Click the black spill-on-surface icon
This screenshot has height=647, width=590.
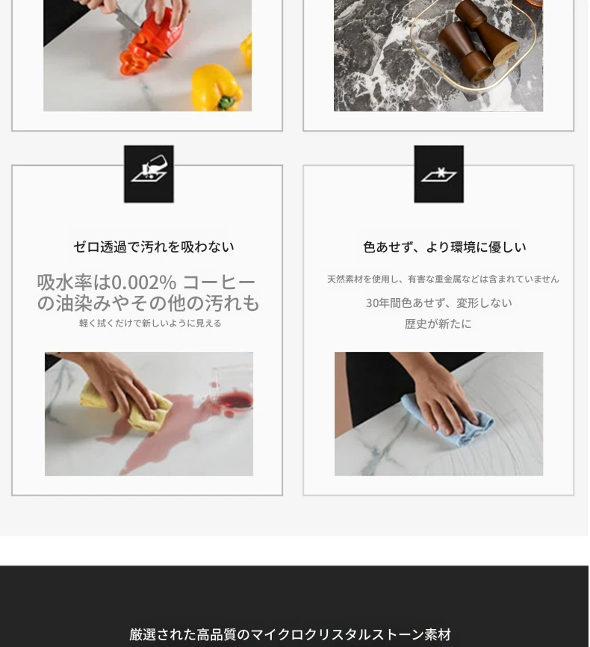pos(149,174)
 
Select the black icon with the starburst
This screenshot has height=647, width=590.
pos(438,174)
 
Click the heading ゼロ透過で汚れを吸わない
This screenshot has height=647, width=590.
pos(154,247)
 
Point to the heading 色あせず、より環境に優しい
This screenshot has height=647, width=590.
pos(444,247)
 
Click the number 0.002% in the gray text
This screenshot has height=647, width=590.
pos(144,282)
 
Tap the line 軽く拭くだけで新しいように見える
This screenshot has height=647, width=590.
pos(150,323)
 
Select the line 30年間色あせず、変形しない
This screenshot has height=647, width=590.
pos(438,303)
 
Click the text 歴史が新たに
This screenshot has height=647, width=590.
pos(438,324)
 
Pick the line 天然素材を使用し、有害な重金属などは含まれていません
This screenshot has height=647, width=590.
pos(443,279)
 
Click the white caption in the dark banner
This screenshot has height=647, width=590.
pos(290,634)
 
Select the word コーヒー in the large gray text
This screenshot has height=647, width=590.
pos(219,282)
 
